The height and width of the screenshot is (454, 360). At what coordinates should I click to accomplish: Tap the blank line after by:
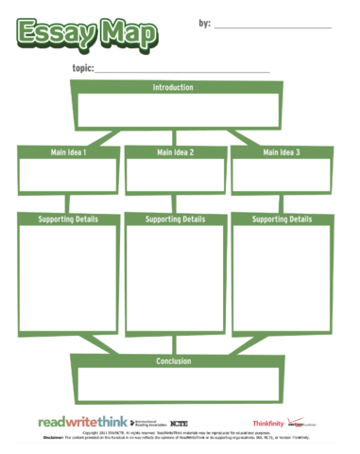coord(273,27)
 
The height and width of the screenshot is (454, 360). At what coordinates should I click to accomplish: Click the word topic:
coord(82,69)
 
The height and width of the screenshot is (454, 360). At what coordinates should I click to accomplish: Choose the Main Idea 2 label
coord(175,151)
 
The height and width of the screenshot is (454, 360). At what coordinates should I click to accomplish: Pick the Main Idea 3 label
coord(282,151)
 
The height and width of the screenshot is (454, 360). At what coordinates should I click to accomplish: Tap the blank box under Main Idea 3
coord(282,176)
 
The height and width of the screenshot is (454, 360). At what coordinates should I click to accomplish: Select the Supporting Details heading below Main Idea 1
coord(67,219)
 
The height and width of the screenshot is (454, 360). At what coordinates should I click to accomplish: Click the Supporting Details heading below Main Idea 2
coord(175,219)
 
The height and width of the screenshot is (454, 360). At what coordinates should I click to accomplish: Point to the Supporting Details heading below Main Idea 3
coord(282,219)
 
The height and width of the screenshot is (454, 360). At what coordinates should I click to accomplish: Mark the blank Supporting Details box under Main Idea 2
coord(175,279)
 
